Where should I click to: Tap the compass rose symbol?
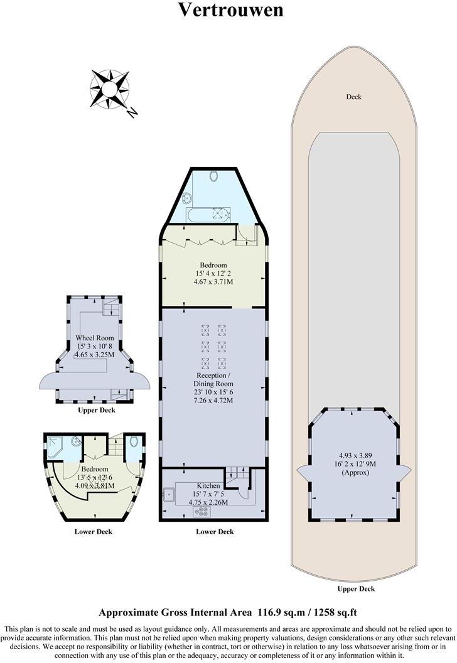[x=110, y=88]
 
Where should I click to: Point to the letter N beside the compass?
[x=132, y=113]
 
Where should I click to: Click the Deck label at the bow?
[x=353, y=97]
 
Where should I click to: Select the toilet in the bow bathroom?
[x=214, y=176]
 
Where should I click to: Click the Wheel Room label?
[x=95, y=338]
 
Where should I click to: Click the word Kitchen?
[x=208, y=486]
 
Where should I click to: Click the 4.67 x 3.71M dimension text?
[x=213, y=283]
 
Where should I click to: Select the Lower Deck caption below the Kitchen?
[x=215, y=532]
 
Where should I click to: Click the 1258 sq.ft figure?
[x=332, y=612]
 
